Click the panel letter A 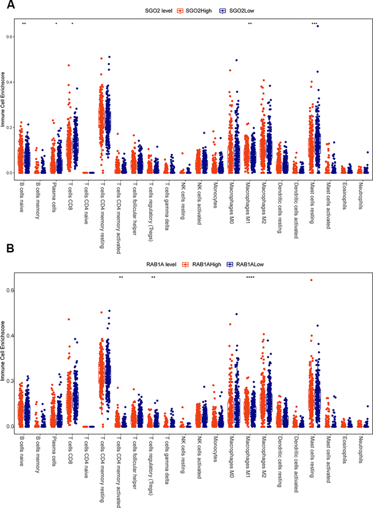(x=11, y=5)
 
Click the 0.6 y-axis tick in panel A (x=10, y=37)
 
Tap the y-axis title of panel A (x=3, y=99)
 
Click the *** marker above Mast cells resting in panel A (x=314, y=24)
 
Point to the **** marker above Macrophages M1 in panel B (x=250, y=277)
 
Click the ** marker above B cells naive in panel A (x=24, y=24)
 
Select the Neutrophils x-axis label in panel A (x=361, y=196)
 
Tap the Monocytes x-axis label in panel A (x=215, y=195)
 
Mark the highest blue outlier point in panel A (x=318, y=26)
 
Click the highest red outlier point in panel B (x=311, y=280)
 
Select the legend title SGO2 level (x=159, y=11)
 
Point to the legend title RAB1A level (x=161, y=264)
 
